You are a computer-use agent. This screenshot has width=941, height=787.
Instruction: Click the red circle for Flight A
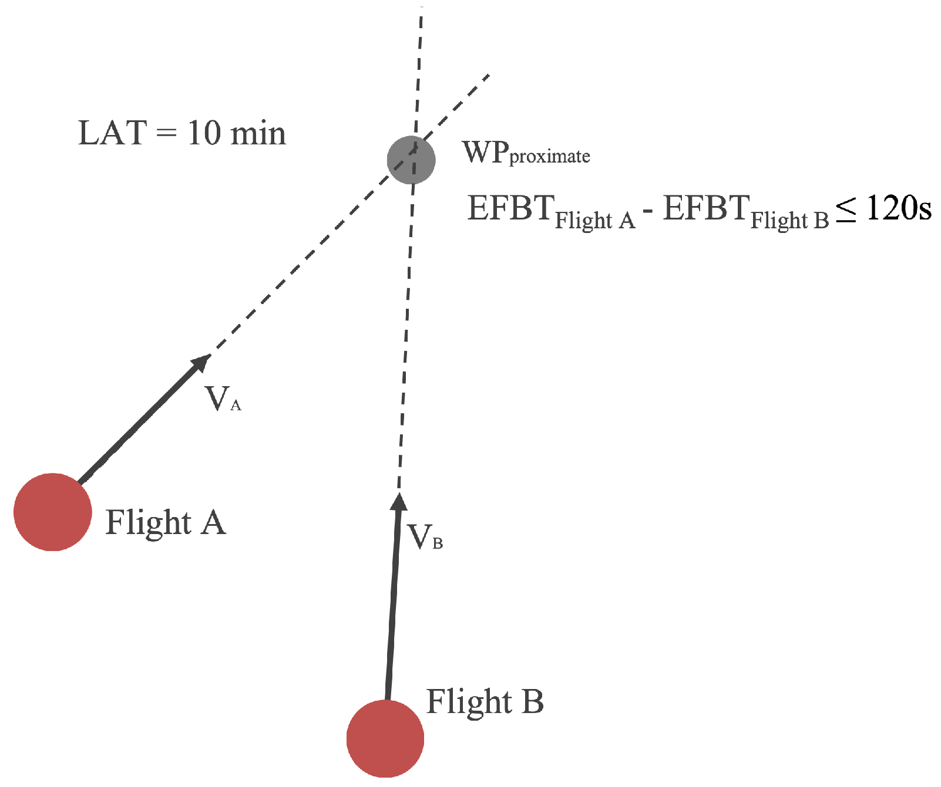pos(53,512)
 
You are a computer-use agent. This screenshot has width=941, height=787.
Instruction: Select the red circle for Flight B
pos(385,738)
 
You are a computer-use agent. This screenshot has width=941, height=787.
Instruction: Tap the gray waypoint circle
pos(411,160)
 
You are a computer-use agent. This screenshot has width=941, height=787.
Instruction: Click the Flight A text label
pos(165,522)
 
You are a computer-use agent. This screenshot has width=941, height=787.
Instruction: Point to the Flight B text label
pos(485,701)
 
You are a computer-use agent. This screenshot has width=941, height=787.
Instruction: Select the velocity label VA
pos(222,399)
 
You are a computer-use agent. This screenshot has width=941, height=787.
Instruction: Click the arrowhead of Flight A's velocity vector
pos(201,363)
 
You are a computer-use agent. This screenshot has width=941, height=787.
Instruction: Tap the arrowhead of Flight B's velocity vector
pos(399,502)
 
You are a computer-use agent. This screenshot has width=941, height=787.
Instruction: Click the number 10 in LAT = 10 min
pos(204,133)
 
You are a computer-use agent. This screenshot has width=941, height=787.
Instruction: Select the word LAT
pos(112,133)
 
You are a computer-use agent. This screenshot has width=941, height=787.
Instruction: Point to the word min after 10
pos(258,134)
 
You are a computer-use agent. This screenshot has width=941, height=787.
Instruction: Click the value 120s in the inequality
pos(899,208)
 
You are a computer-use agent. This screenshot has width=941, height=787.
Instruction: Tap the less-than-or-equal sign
pos(846,209)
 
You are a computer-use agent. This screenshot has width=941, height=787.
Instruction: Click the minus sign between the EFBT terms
pos(648,210)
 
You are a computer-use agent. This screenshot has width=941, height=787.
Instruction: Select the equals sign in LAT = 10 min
pos(166,134)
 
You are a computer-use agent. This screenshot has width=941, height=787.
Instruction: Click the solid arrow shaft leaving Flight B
pos(392,604)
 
